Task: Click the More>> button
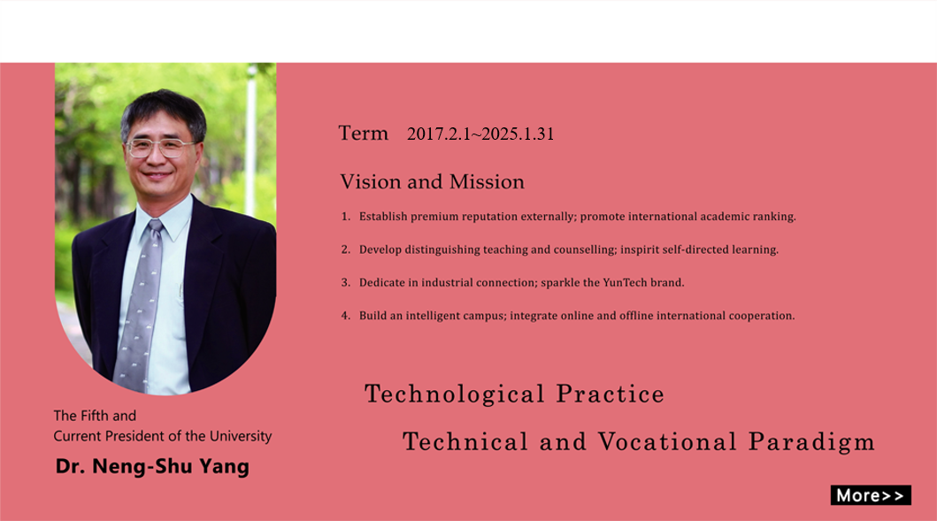[x=871, y=495]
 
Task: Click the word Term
[x=364, y=134]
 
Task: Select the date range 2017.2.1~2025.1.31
[x=480, y=134]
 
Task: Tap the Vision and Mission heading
[x=432, y=181]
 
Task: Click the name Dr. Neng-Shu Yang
[x=152, y=466]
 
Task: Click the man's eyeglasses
[x=160, y=147]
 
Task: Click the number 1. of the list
[x=346, y=217]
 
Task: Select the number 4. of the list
[x=346, y=316]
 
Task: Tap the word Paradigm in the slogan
[x=811, y=442]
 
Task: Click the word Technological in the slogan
[x=455, y=394]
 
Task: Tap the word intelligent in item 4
[x=434, y=316]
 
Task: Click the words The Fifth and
[x=95, y=416]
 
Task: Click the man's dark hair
[x=163, y=109]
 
